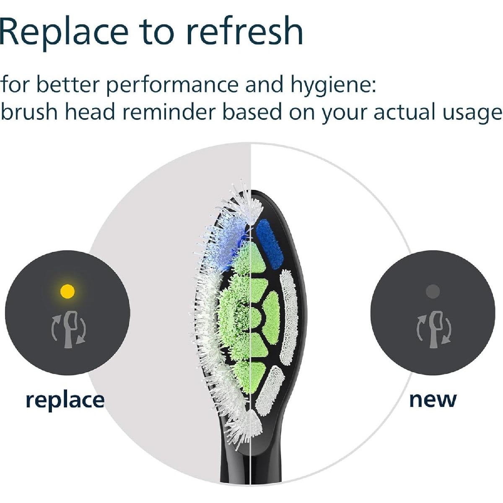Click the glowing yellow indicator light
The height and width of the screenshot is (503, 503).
point(67,291)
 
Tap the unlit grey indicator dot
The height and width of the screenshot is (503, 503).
point(433,291)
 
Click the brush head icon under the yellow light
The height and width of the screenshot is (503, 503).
point(69,329)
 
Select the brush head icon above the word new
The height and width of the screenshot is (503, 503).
point(434,329)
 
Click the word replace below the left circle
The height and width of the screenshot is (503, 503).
point(65,400)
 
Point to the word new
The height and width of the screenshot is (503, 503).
point(433,399)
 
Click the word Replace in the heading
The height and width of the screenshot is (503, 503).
point(64,31)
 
